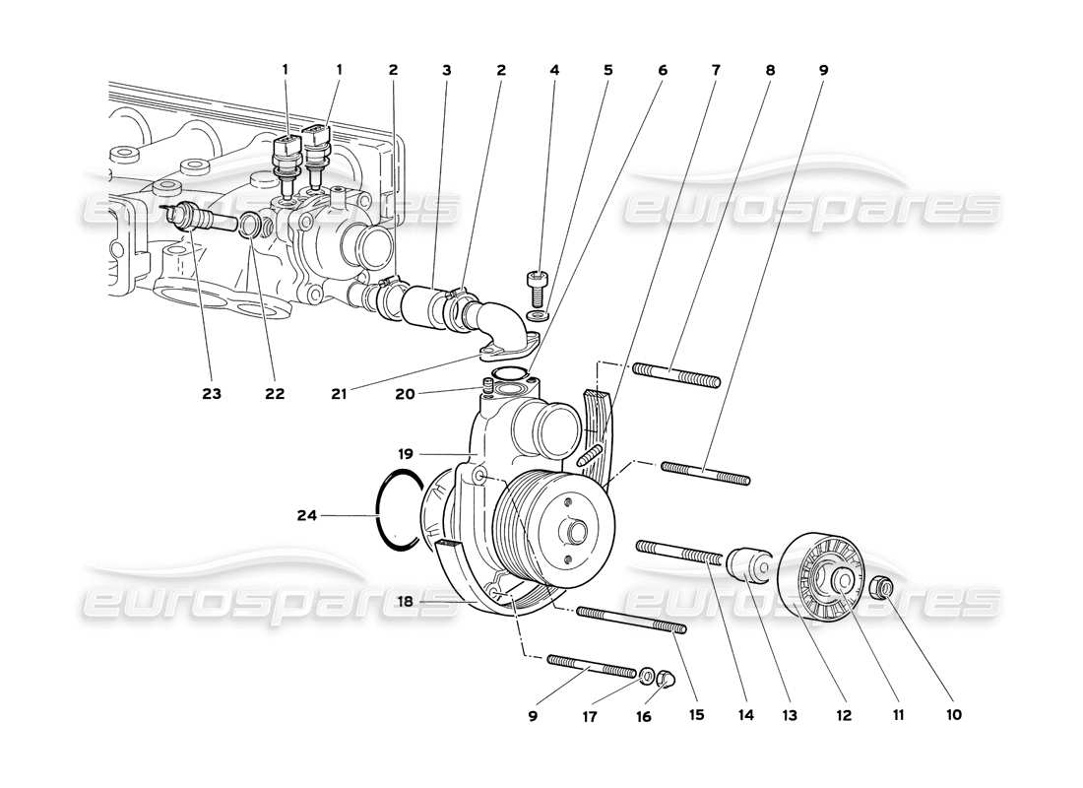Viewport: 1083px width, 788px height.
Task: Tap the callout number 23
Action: [x=212, y=393]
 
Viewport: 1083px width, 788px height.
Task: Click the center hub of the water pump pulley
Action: [x=574, y=532]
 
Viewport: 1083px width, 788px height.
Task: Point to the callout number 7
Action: [x=716, y=71]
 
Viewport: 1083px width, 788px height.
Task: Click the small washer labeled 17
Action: [x=647, y=676]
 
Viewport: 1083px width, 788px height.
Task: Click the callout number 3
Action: [x=447, y=71]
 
